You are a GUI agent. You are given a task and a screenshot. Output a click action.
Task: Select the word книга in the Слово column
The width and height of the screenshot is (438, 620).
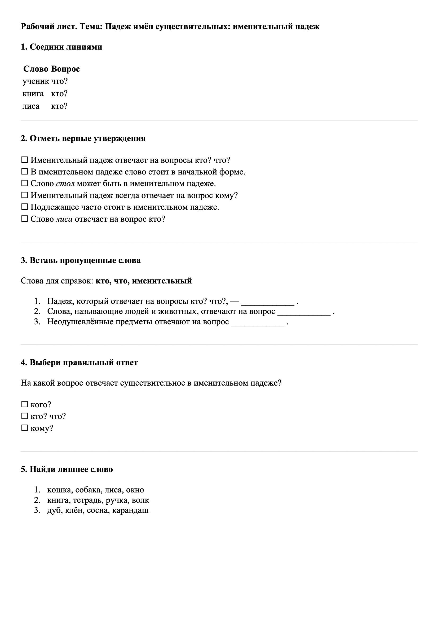pos(33,93)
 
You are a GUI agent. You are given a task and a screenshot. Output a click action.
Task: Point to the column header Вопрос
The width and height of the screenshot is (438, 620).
pos(65,69)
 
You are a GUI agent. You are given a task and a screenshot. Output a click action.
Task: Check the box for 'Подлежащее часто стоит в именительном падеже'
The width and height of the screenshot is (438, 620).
pos(25,207)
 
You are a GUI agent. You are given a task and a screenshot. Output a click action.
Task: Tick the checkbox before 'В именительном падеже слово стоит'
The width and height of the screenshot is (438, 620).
pos(25,172)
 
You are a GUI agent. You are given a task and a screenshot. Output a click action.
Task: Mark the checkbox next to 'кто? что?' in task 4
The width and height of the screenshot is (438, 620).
pos(25,416)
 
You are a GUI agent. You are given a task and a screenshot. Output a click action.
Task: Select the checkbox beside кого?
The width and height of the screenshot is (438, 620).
pos(25,404)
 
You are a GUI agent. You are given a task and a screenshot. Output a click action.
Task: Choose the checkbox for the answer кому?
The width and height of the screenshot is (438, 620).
pos(25,428)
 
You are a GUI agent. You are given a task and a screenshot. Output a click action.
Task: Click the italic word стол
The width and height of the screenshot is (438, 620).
pos(65,184)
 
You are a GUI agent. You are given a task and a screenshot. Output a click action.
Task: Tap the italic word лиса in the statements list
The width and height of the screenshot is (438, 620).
pos(64,219)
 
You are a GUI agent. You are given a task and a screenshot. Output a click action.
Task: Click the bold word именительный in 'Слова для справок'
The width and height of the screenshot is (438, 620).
pos(162,281)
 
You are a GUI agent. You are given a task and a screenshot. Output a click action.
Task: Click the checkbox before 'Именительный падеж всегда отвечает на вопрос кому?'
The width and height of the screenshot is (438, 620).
pos(25,195)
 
